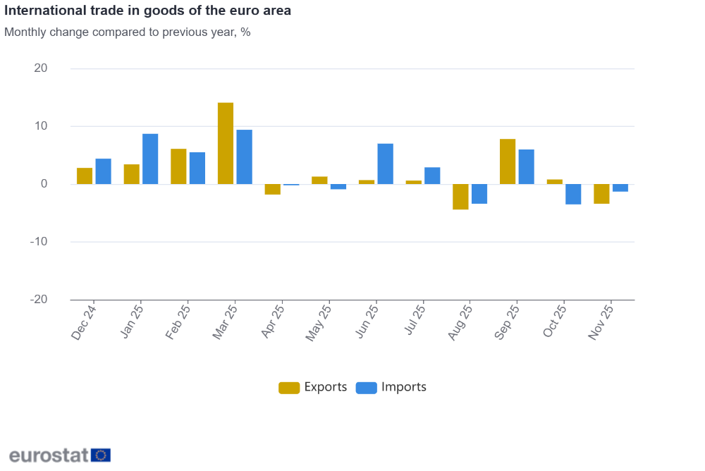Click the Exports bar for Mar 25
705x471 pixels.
point(226,143)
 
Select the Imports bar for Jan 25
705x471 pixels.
point(150,159)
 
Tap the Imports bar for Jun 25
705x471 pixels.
point(385,164)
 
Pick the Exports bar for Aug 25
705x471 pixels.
point(460,197)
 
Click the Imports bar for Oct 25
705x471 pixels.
point(573,194)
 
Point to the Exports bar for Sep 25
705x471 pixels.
point(508,161)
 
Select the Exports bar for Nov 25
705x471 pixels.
point(601,194)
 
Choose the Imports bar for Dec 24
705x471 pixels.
point(103,171)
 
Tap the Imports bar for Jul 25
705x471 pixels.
point(432,176)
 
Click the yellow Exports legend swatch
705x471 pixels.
point(289,387)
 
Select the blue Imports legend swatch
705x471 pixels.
point(367,387)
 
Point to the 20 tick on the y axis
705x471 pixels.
point(41,68)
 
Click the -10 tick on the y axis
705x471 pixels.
point(39,242)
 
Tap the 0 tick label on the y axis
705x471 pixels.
point(44,184)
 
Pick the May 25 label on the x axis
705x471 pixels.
point(319,322)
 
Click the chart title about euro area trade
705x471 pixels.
point(147,11)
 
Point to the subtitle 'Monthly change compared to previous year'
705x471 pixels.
point(128,32)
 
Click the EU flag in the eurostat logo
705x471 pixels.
point(101,455)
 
